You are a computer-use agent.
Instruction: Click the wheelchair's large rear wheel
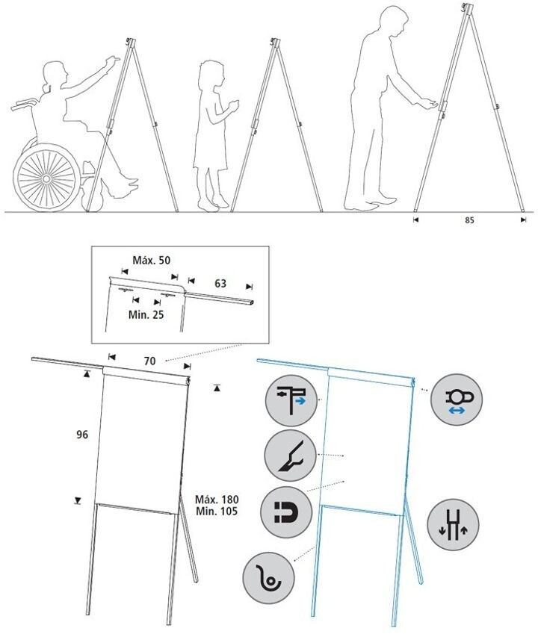click(x=46, y=177)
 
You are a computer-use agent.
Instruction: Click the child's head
click(x=210, y=78)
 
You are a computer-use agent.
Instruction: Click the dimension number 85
click(x=469, y=220)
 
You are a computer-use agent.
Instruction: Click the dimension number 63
click(x=220, y=284)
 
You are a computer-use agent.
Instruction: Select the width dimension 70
click(x=149, y=361)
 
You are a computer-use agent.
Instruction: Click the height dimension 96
click(x=82, y=435)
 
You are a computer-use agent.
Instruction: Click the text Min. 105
click(x=215, y=512)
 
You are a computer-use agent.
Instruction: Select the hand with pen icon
click(x=288, y=455)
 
